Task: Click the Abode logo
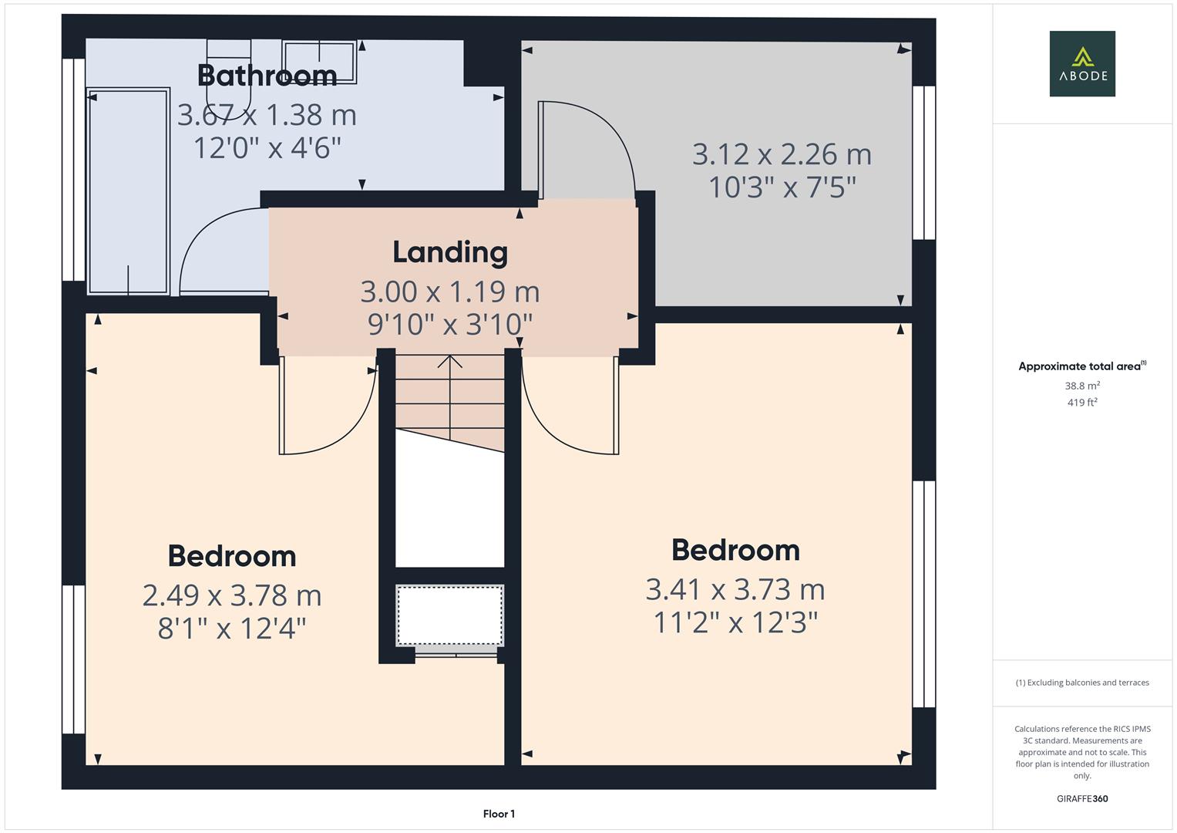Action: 1081,63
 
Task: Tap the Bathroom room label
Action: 267,76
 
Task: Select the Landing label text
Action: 450,252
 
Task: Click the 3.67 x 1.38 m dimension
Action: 267,115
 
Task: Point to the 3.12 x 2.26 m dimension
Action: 782,154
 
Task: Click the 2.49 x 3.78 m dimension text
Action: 232,595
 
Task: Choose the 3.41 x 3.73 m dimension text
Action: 735,589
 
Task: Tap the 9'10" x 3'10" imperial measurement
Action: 450,325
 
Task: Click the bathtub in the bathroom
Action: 128,191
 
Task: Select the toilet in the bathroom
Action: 229,77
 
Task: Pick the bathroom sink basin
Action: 319,60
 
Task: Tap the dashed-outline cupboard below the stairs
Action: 449,615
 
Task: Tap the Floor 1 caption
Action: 499,814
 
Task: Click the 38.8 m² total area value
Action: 1081,386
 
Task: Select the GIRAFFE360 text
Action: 1081,798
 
